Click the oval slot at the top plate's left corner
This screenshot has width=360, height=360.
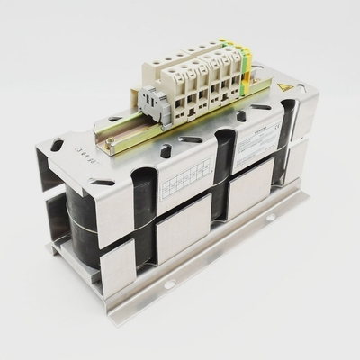[58, 144]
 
